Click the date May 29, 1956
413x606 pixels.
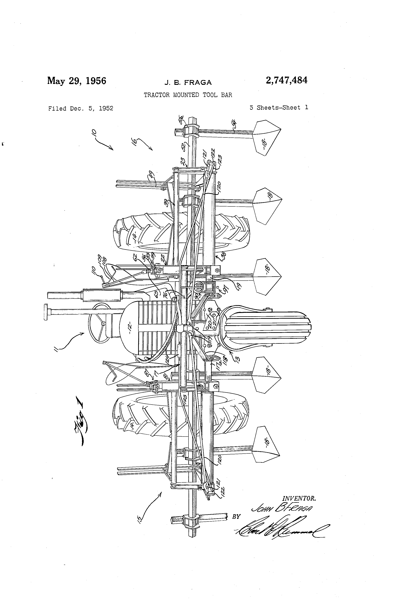tap(77, 81)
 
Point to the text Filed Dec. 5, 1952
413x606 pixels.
tap(81, 108)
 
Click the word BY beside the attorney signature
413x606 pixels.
tap(236, 517)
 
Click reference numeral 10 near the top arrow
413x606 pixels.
tap(94, 134)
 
